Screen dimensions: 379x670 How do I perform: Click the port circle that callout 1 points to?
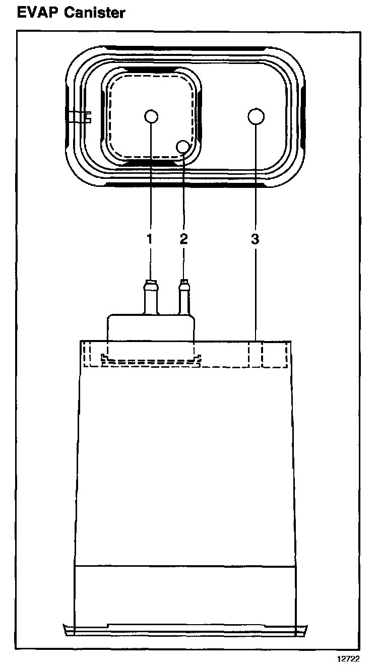click(151, 117)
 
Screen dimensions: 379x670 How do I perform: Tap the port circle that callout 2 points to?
click(183, 146)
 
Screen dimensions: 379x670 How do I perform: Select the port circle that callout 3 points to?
click(256, 117)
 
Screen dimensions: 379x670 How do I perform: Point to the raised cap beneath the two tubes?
click(150, 327)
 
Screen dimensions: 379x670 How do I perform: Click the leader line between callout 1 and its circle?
click(151, 181)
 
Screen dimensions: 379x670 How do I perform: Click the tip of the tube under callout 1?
click(150, 283)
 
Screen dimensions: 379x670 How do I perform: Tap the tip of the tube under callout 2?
click(184, 283)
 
